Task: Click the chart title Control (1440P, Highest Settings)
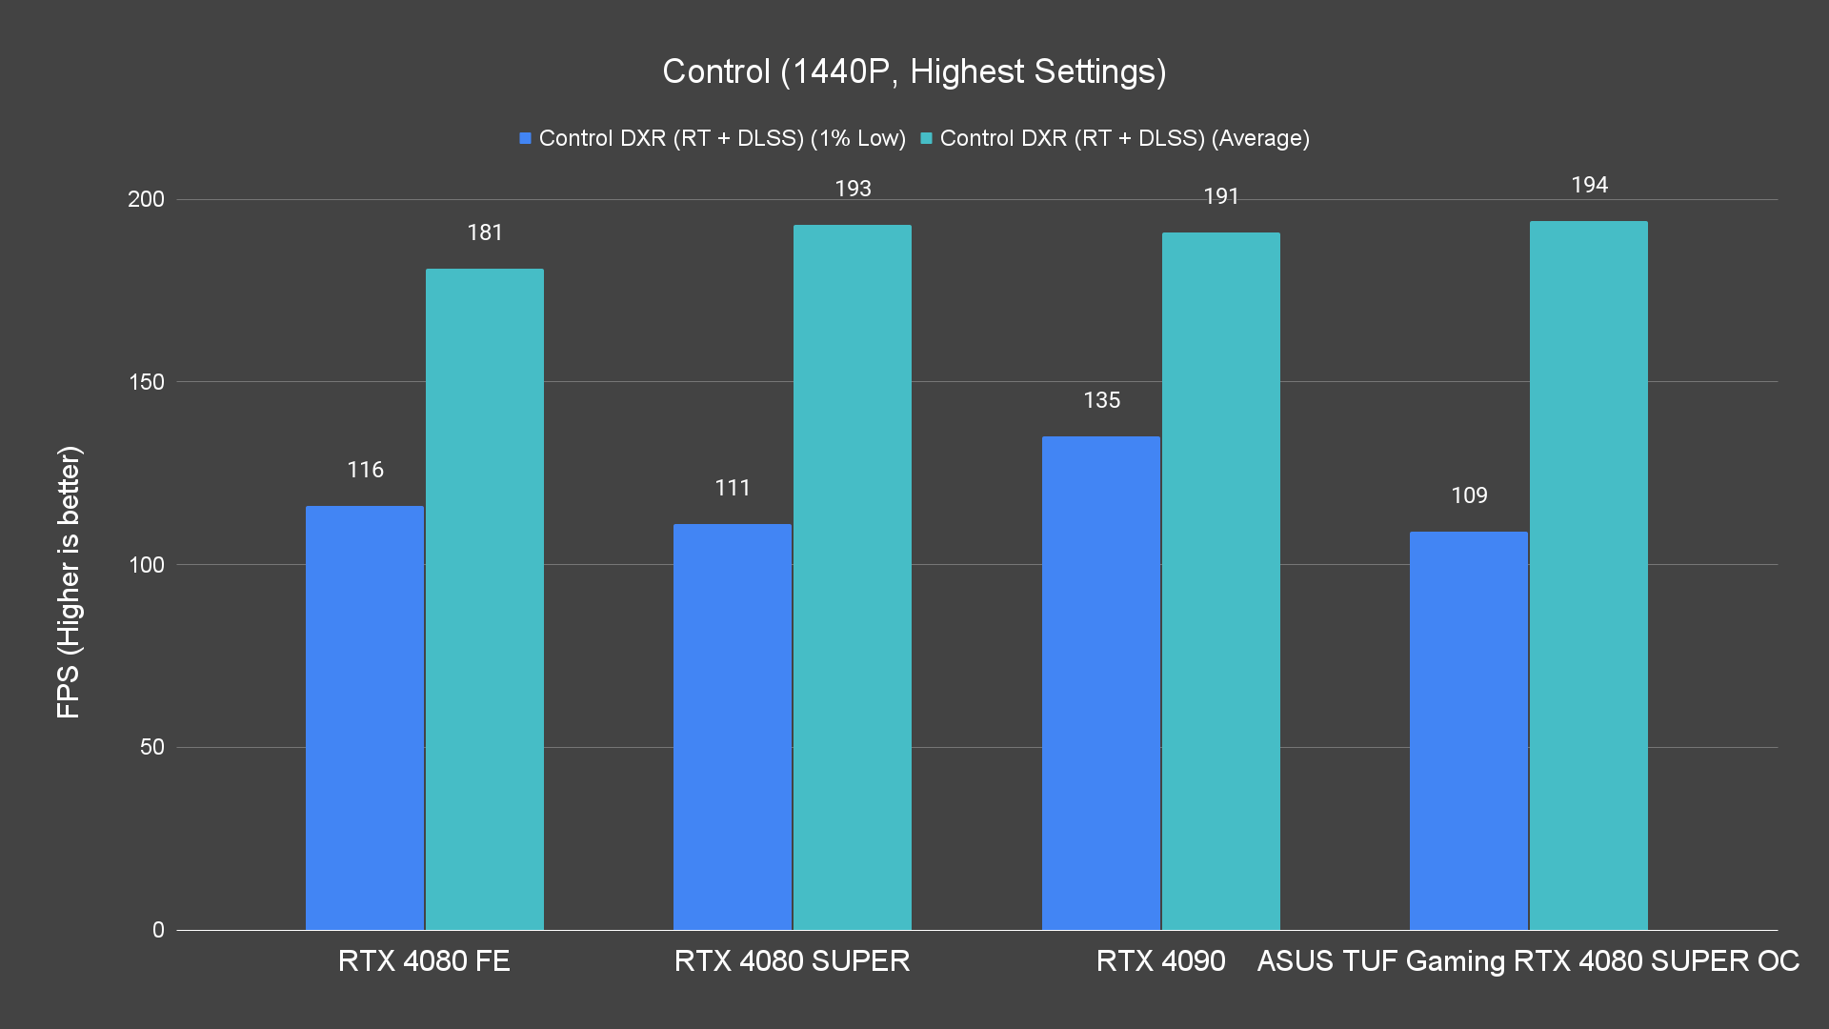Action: [914, 71]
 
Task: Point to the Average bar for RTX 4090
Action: [1220, 580]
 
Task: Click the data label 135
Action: [1101, 400]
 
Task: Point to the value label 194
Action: [1589, 185]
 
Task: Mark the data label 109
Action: [1469, 495]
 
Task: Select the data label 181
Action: [485, 232]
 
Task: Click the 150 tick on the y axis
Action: [146, 382]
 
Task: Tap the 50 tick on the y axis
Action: [152, 747]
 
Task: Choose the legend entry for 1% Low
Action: [713, 138]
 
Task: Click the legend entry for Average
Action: [1115, 138]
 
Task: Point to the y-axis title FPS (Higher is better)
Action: [69, 582]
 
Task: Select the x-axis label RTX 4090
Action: [1160, 960]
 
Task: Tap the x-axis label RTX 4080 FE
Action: [424, 960]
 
